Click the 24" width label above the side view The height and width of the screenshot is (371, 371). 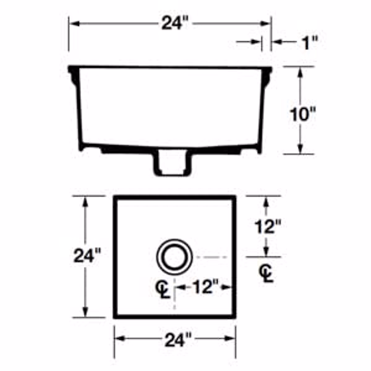[x=174, y=23]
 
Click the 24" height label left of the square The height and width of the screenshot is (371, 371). [x=87, y=255]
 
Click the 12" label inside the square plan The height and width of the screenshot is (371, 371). [x=206, y=287]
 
